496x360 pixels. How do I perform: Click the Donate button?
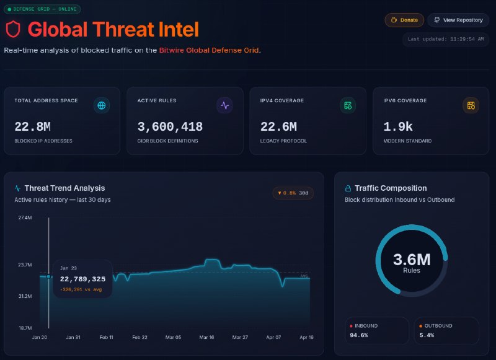coord(404,20)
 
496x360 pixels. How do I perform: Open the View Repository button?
coord(458,20)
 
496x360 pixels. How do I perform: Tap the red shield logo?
coord(13,29)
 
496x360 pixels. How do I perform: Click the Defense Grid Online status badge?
coord(42,9)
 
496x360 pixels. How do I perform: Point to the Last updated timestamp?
coord(446,39)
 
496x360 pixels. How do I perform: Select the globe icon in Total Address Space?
coord(102,105)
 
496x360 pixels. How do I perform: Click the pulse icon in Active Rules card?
coord(224,105)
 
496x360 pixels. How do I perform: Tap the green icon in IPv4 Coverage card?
coord(348,105)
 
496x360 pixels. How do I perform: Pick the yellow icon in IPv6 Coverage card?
coord(471,105)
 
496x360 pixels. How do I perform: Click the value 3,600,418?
coord(170,127)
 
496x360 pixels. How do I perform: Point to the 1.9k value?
coord(398,127)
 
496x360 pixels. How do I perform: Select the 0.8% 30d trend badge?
coord(293,193)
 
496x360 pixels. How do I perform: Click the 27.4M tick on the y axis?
coord(25,217)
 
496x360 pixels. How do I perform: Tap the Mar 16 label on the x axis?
coord(206,337)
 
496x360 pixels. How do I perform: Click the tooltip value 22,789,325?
coord(82,279)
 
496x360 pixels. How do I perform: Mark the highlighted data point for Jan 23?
coord(48,276)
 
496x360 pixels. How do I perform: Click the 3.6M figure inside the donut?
coord(412,260)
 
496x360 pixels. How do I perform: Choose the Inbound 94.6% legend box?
coord(377,331)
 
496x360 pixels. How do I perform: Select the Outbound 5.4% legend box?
coord(446,331)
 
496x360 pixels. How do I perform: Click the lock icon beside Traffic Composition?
coord(348,188)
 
